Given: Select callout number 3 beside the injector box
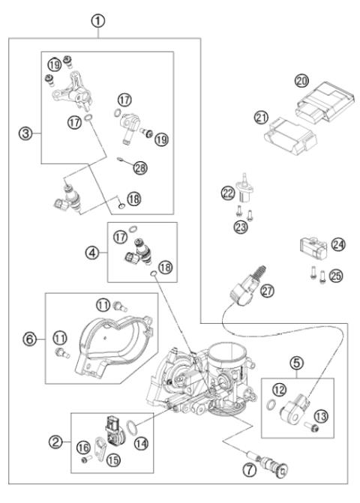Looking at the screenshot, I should [24, 135].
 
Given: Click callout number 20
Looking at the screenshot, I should [301, 82].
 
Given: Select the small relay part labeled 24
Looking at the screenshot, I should [309, 246].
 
